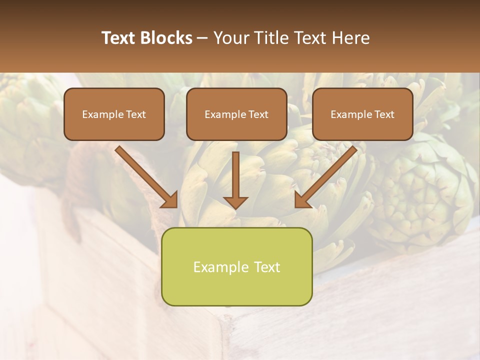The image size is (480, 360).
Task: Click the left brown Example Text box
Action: (x=114, y=114)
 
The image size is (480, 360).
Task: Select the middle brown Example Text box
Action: (x=236, y=114)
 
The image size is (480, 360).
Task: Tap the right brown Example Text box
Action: (x=362, y=114)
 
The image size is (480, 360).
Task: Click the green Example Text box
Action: (x=236, y=266)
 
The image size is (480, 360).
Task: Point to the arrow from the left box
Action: (x=145, y=175)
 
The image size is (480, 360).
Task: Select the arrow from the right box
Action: (x=327, y=175)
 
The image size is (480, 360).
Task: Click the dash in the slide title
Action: (x=203, y=38)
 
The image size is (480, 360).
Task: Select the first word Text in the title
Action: (x=119, y=38)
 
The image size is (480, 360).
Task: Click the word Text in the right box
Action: (x=384, y=114)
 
